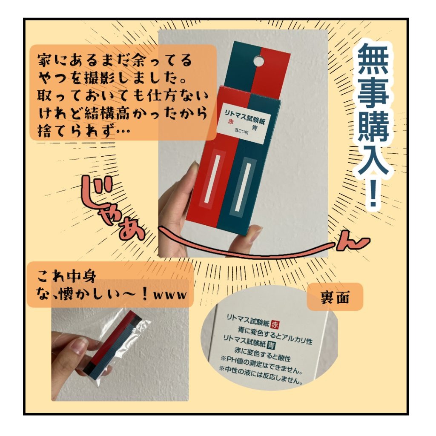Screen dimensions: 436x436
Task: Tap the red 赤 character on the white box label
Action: point(232,121)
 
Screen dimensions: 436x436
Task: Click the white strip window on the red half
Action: point(212,178)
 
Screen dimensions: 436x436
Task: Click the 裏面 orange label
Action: point(335,297)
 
